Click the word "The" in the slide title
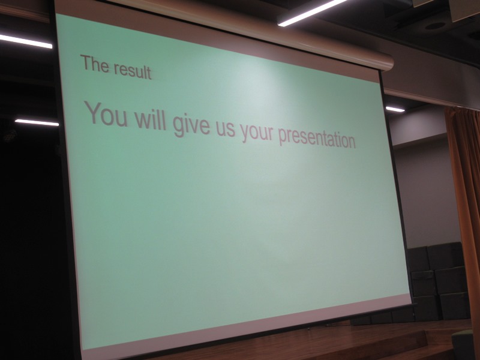click(x=94, y=64)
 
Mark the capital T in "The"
click(x=85, y=62)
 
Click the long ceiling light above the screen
click(x=311, y=12)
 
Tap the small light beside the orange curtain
click(x=395, y=109)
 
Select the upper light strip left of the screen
click(x=26, y=41)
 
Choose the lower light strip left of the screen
click(x=37, y=122)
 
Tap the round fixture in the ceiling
click(x=435, y=26)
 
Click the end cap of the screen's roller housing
click(x=388, y=62)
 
